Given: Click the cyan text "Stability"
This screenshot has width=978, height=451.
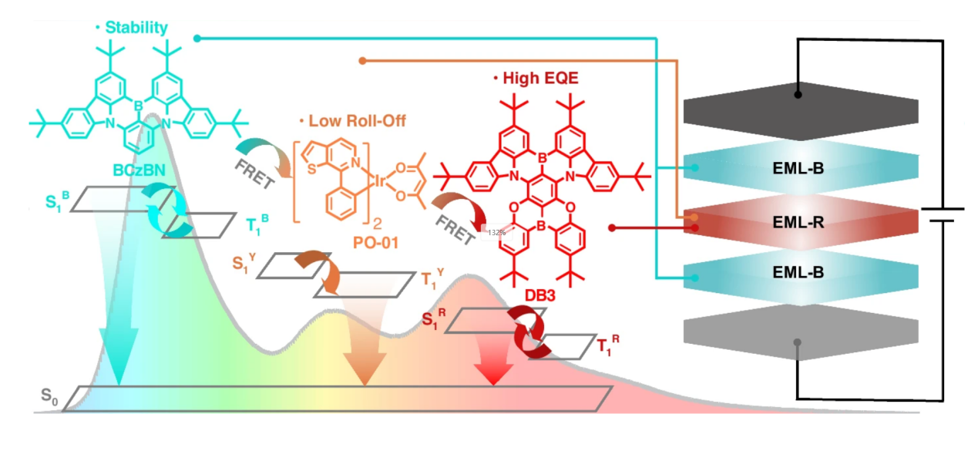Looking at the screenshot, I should tap(135, 29).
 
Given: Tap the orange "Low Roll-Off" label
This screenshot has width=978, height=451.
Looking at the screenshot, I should tap(357, 122).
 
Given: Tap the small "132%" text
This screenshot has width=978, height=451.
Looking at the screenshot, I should tap(496, 232).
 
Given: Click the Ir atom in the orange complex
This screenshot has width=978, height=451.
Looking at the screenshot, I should tap(381, 182).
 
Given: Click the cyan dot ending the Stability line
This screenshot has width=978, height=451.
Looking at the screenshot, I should tap(197, 37).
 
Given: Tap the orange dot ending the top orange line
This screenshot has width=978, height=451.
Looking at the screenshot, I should tap(363, 59).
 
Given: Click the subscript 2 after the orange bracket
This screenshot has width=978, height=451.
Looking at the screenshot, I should tap(378, 226).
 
